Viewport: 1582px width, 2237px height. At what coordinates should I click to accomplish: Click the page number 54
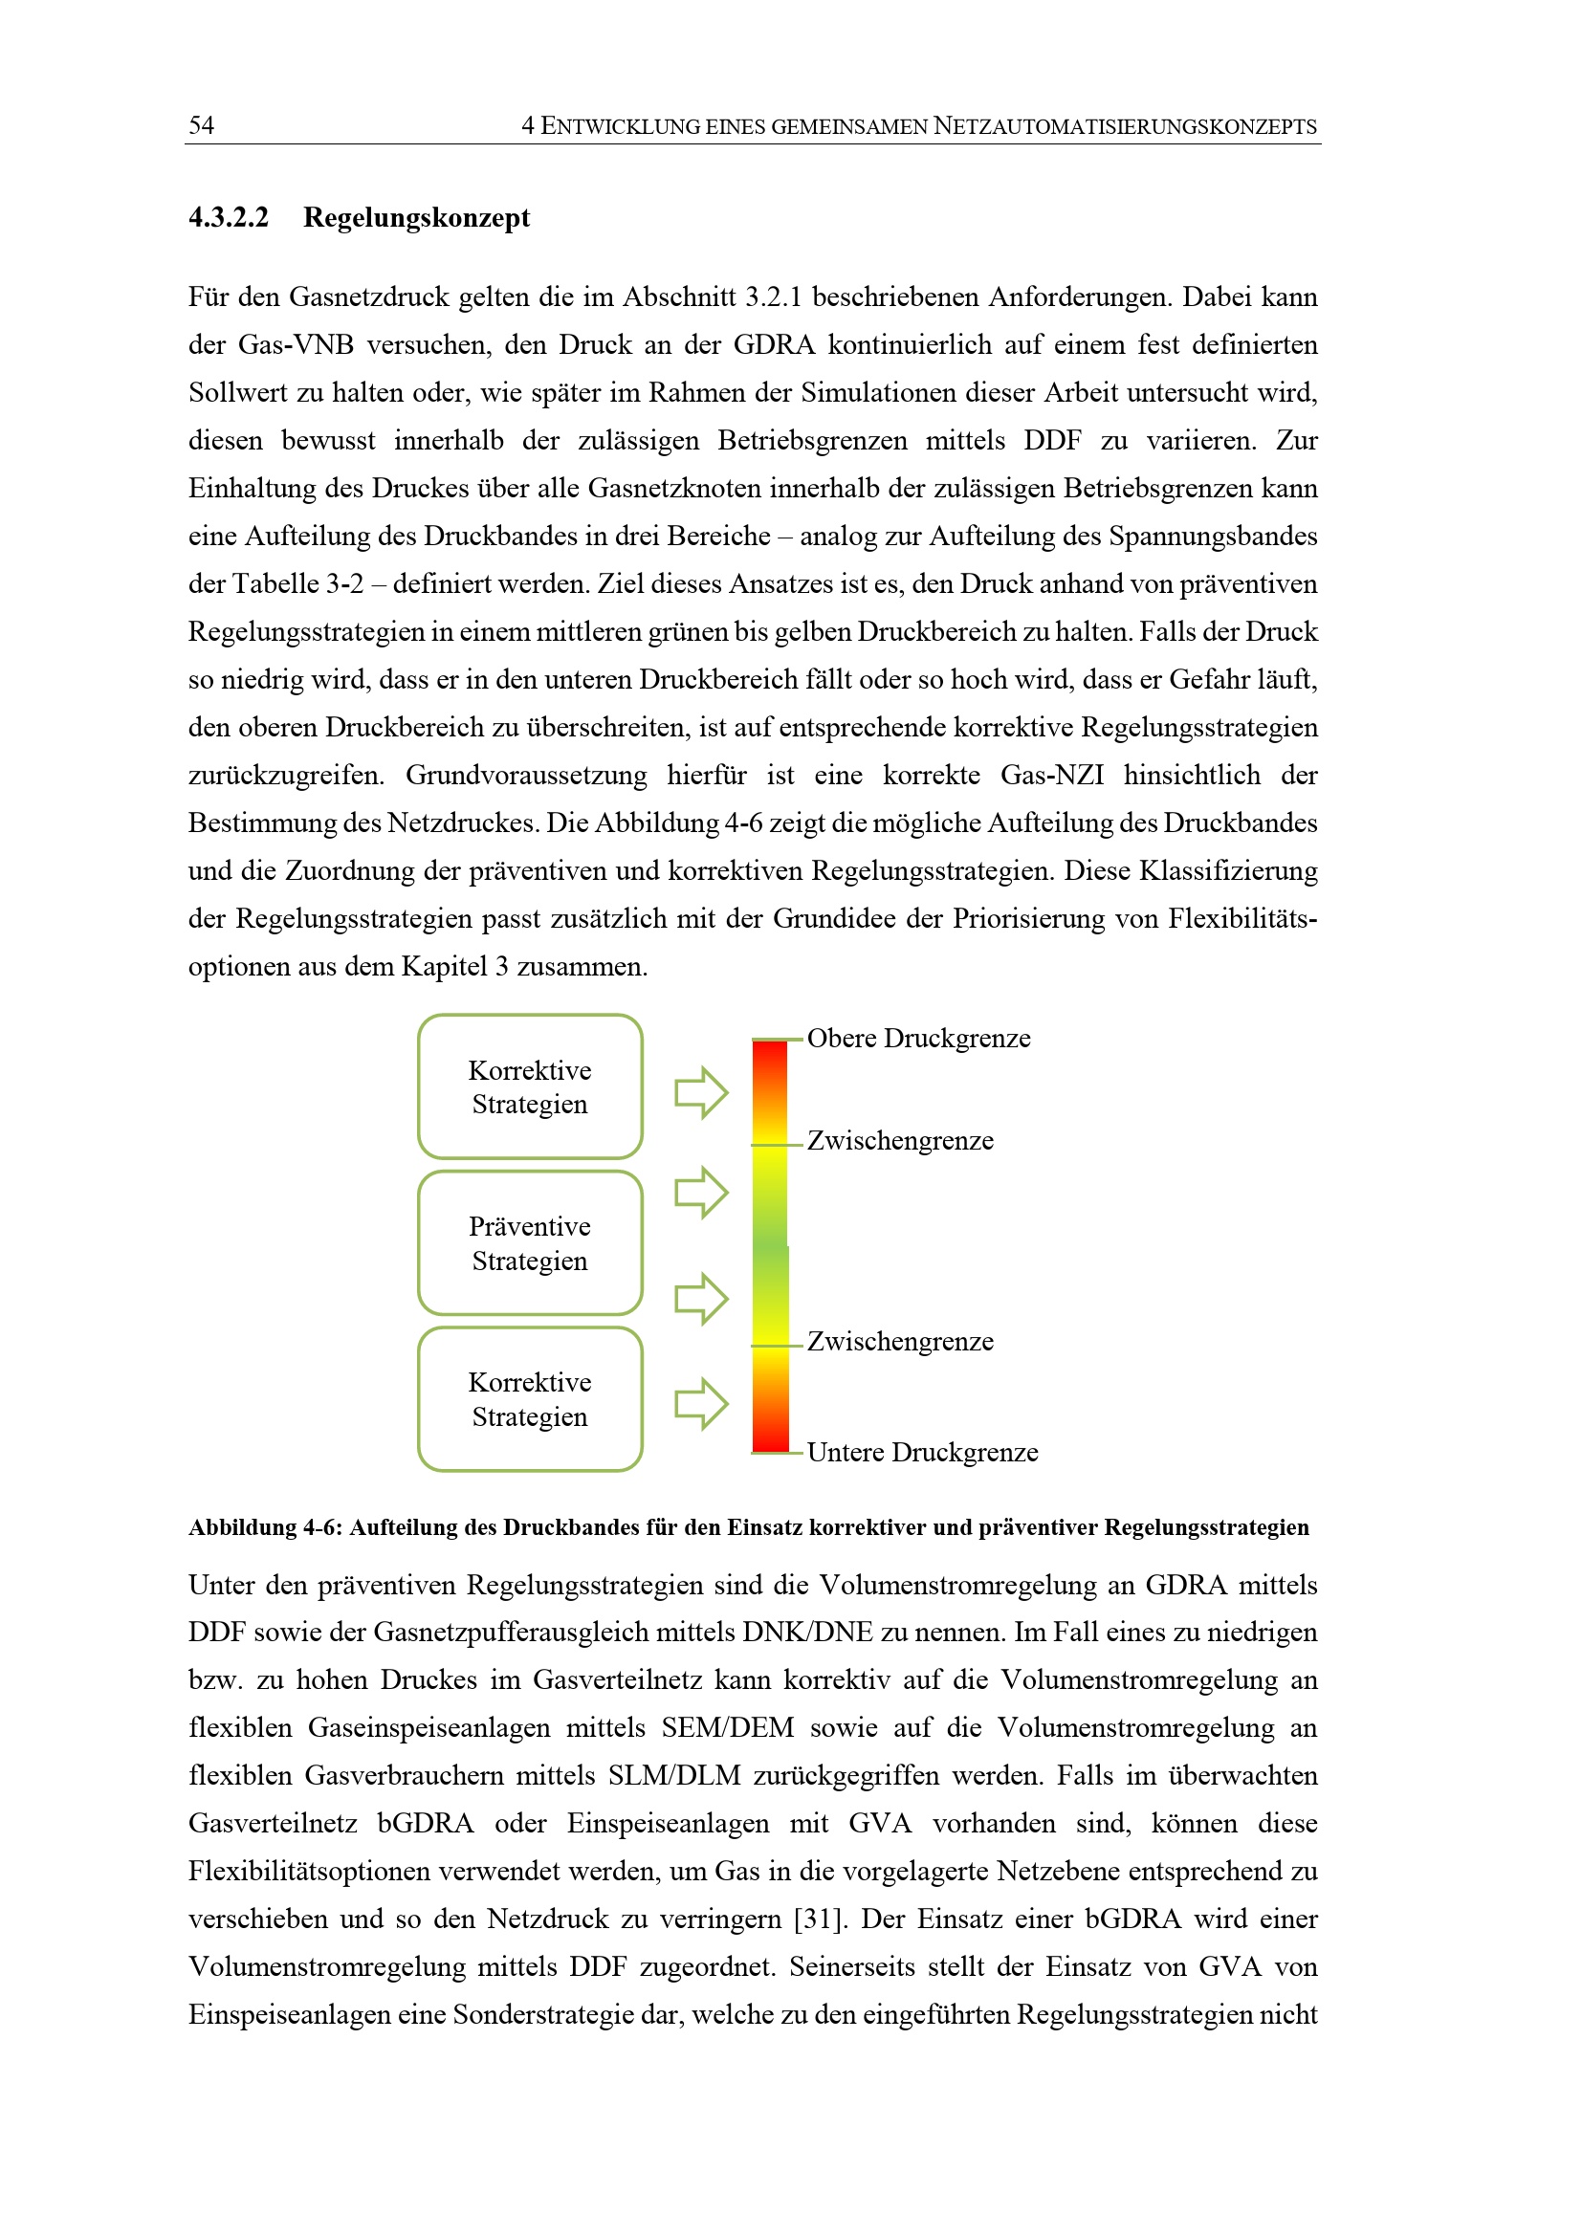[x=202, y=124]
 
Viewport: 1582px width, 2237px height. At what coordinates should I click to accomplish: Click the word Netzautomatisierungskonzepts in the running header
[x=1125, y=125]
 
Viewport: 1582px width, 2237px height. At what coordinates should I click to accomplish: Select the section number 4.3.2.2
[x=228, y=216]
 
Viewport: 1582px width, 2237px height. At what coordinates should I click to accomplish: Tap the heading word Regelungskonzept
[x=416, y=216]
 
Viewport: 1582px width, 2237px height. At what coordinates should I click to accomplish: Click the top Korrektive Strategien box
[x=530, y=1086]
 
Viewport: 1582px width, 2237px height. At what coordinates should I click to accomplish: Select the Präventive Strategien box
[x=530, y=1243]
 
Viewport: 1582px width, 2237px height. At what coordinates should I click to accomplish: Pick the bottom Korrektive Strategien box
[x=530, y=1399]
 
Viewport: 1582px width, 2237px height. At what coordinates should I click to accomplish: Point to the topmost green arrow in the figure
[x=701, y=1092]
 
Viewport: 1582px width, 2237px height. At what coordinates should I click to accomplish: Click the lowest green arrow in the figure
[x=701, y=1404]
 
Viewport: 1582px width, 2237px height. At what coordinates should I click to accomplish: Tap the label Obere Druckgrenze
[x=917, y=1039]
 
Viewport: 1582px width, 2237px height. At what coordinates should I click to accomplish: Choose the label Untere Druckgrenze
[x=921, y=1453]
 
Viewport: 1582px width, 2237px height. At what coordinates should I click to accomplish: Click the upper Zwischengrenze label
[x=900, y=1141]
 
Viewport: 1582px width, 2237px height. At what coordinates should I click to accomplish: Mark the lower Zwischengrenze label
[x=900, y=1342]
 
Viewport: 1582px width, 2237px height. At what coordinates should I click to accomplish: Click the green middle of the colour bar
[x=771, y=1247]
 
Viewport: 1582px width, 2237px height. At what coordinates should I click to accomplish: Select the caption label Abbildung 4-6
[x=264, y=1527]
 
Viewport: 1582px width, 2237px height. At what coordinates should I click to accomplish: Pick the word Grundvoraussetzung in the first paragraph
[x=526, y=775]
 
